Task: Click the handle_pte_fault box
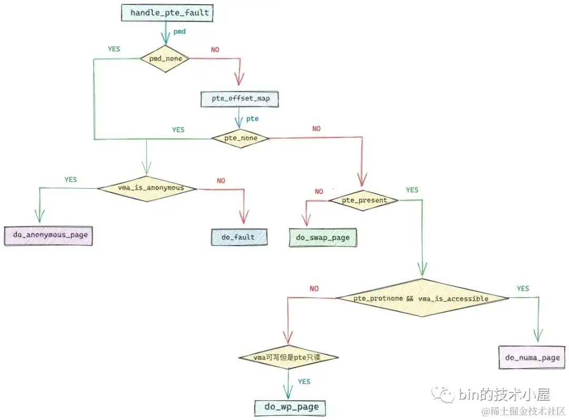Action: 167,13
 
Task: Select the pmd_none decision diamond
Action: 164,58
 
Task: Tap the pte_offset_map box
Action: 240,99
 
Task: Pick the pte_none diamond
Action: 241,138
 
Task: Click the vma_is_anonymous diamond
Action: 146,188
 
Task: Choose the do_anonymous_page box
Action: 48,235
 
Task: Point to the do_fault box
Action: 239,237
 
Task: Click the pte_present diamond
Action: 364,200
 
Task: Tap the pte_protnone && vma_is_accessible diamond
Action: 422,298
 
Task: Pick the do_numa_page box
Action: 532,358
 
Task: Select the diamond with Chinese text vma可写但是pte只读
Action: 287,358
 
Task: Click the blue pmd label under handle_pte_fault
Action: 179,32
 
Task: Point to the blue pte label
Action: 252,119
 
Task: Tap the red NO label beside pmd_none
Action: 215,50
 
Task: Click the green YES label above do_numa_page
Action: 523,289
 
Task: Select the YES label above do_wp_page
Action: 304,382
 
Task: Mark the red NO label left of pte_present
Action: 319,192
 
